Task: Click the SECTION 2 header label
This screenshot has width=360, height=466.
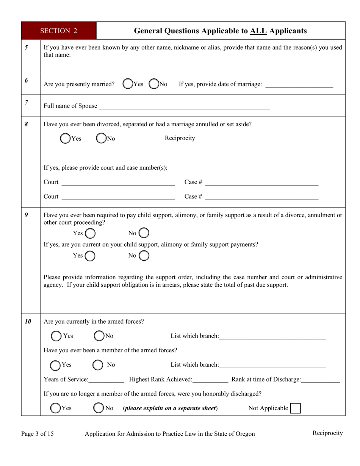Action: (59, 31)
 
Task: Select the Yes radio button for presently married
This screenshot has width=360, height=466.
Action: (128, 84)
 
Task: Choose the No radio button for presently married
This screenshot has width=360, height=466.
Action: (154, 84)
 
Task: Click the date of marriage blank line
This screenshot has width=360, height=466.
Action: (299, 85)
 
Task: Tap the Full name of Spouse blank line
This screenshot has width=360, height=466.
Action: (184, 106)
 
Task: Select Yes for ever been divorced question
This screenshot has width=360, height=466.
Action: (66, 139)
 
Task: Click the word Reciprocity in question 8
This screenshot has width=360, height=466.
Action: (180, 138)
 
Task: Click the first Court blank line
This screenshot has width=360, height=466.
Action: (118, 183)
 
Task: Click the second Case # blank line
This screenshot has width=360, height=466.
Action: (262, 197)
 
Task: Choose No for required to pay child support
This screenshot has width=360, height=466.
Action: (144, 233)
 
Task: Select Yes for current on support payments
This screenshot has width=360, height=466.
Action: (90, 256)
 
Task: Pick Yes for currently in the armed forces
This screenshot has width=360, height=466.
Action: (56, 336)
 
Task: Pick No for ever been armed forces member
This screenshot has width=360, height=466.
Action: (98, 365)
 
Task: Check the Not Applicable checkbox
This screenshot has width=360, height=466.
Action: (295, 408)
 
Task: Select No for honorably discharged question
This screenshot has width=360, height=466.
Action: (99, 408)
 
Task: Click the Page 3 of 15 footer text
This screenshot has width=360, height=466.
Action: (38, 434)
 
